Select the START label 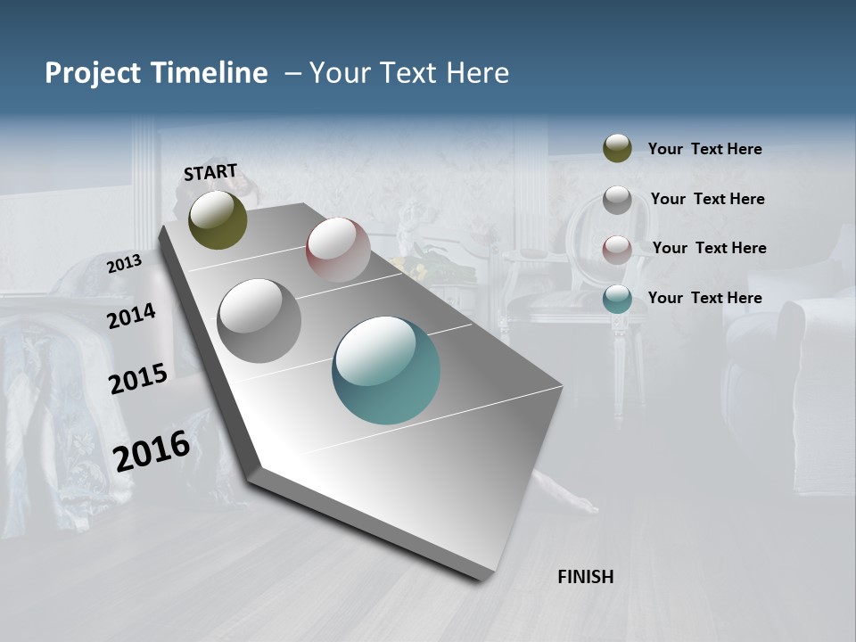point(210,172)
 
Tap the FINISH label point(586,577)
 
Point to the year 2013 point(125,263)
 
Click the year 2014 point(132,316)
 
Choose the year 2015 point(138,379)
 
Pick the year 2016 point(152,450)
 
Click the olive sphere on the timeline point(218,219)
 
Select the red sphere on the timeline point(338,250)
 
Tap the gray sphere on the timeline point(259,320)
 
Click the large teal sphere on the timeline point(386,370)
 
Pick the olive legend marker point(617,148)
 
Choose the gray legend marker point(617,199)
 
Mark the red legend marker point(617,249)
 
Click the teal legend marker point(617,298)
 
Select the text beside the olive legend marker point(704,149)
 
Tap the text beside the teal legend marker point(704,298)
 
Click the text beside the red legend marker point(709,248)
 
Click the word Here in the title point(477,73)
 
